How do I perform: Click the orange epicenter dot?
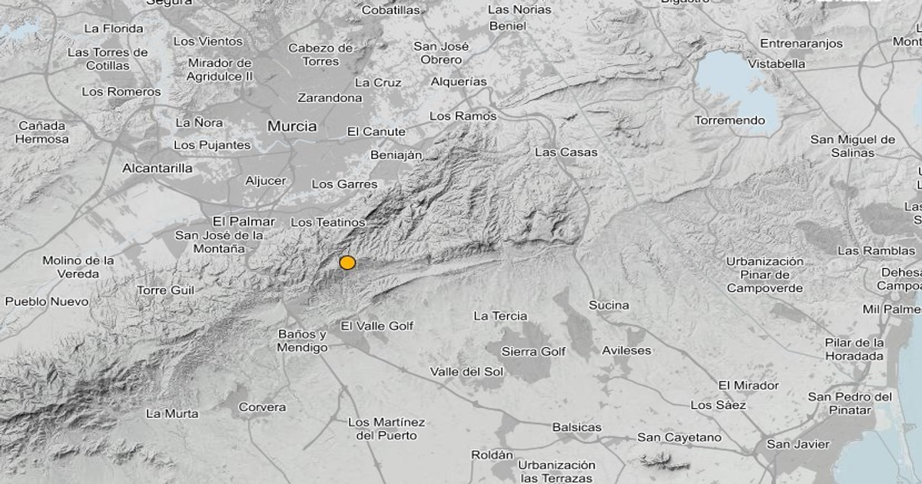(347, 263)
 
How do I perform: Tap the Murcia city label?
(292, 126)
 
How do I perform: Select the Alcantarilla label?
(158, 167)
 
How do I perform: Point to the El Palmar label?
(244, 221)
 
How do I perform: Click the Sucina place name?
(609, 305)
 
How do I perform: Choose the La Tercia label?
(500, 316)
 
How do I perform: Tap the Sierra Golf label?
(533, 351)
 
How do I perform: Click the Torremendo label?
(729, 121)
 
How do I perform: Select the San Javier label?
(798, 444)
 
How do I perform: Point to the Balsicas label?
(577, 427)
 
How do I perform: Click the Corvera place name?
(262, 407)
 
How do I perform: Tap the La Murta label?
(172, 413)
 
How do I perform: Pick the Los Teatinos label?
(328, 222)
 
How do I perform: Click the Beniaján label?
(396, 154)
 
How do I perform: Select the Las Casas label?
(565, 152)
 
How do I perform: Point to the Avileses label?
(626, 350)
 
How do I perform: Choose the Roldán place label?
(492, 455)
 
